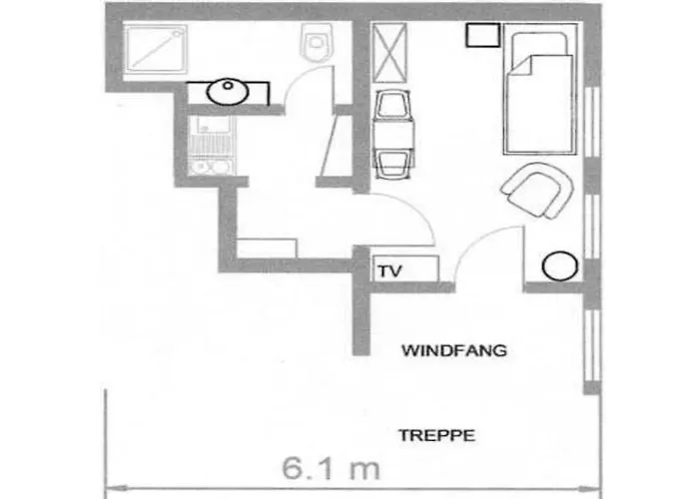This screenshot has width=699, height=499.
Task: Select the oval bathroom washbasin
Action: (x=228, y=92)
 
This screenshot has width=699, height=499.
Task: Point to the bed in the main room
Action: (x=540, y=92)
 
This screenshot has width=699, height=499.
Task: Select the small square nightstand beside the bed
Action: (x=482, y=36)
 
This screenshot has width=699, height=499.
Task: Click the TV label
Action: (x=388, y=269)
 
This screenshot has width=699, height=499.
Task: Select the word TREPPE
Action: (x=435, y=435)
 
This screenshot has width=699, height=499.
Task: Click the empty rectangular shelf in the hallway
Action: (x=267, y=248)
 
